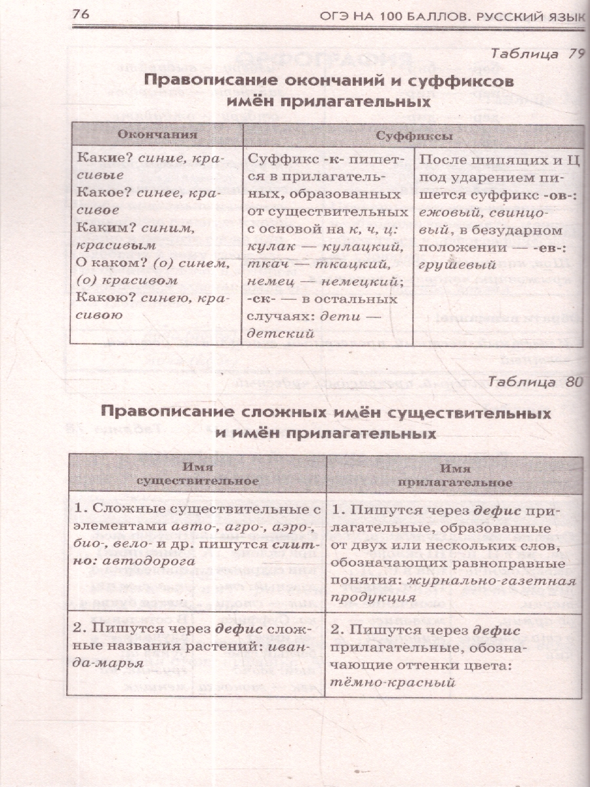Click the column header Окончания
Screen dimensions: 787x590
tap(157, 135)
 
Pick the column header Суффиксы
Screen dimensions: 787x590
tap(414, 136)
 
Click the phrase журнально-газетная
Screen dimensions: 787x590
tap(492, 580)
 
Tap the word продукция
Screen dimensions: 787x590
tap(373, 597)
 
